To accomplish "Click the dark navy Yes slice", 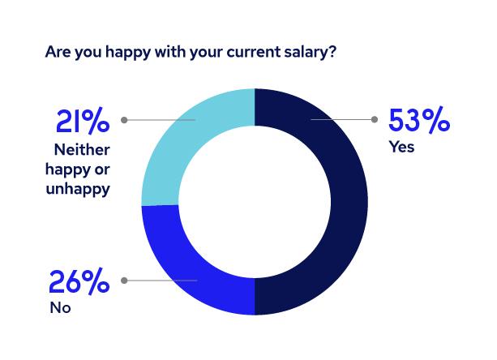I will (341, 203).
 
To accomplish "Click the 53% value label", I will (418, 122).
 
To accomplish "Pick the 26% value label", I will (79, 283).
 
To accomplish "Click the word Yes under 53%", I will (401, 148).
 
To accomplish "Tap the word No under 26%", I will (60, 308).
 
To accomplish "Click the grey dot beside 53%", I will (374, 120).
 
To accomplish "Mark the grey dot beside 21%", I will (124, 120).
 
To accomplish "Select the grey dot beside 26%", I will (124, 281).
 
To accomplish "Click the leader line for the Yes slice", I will (341, 120).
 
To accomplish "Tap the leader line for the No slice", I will (162, 281).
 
